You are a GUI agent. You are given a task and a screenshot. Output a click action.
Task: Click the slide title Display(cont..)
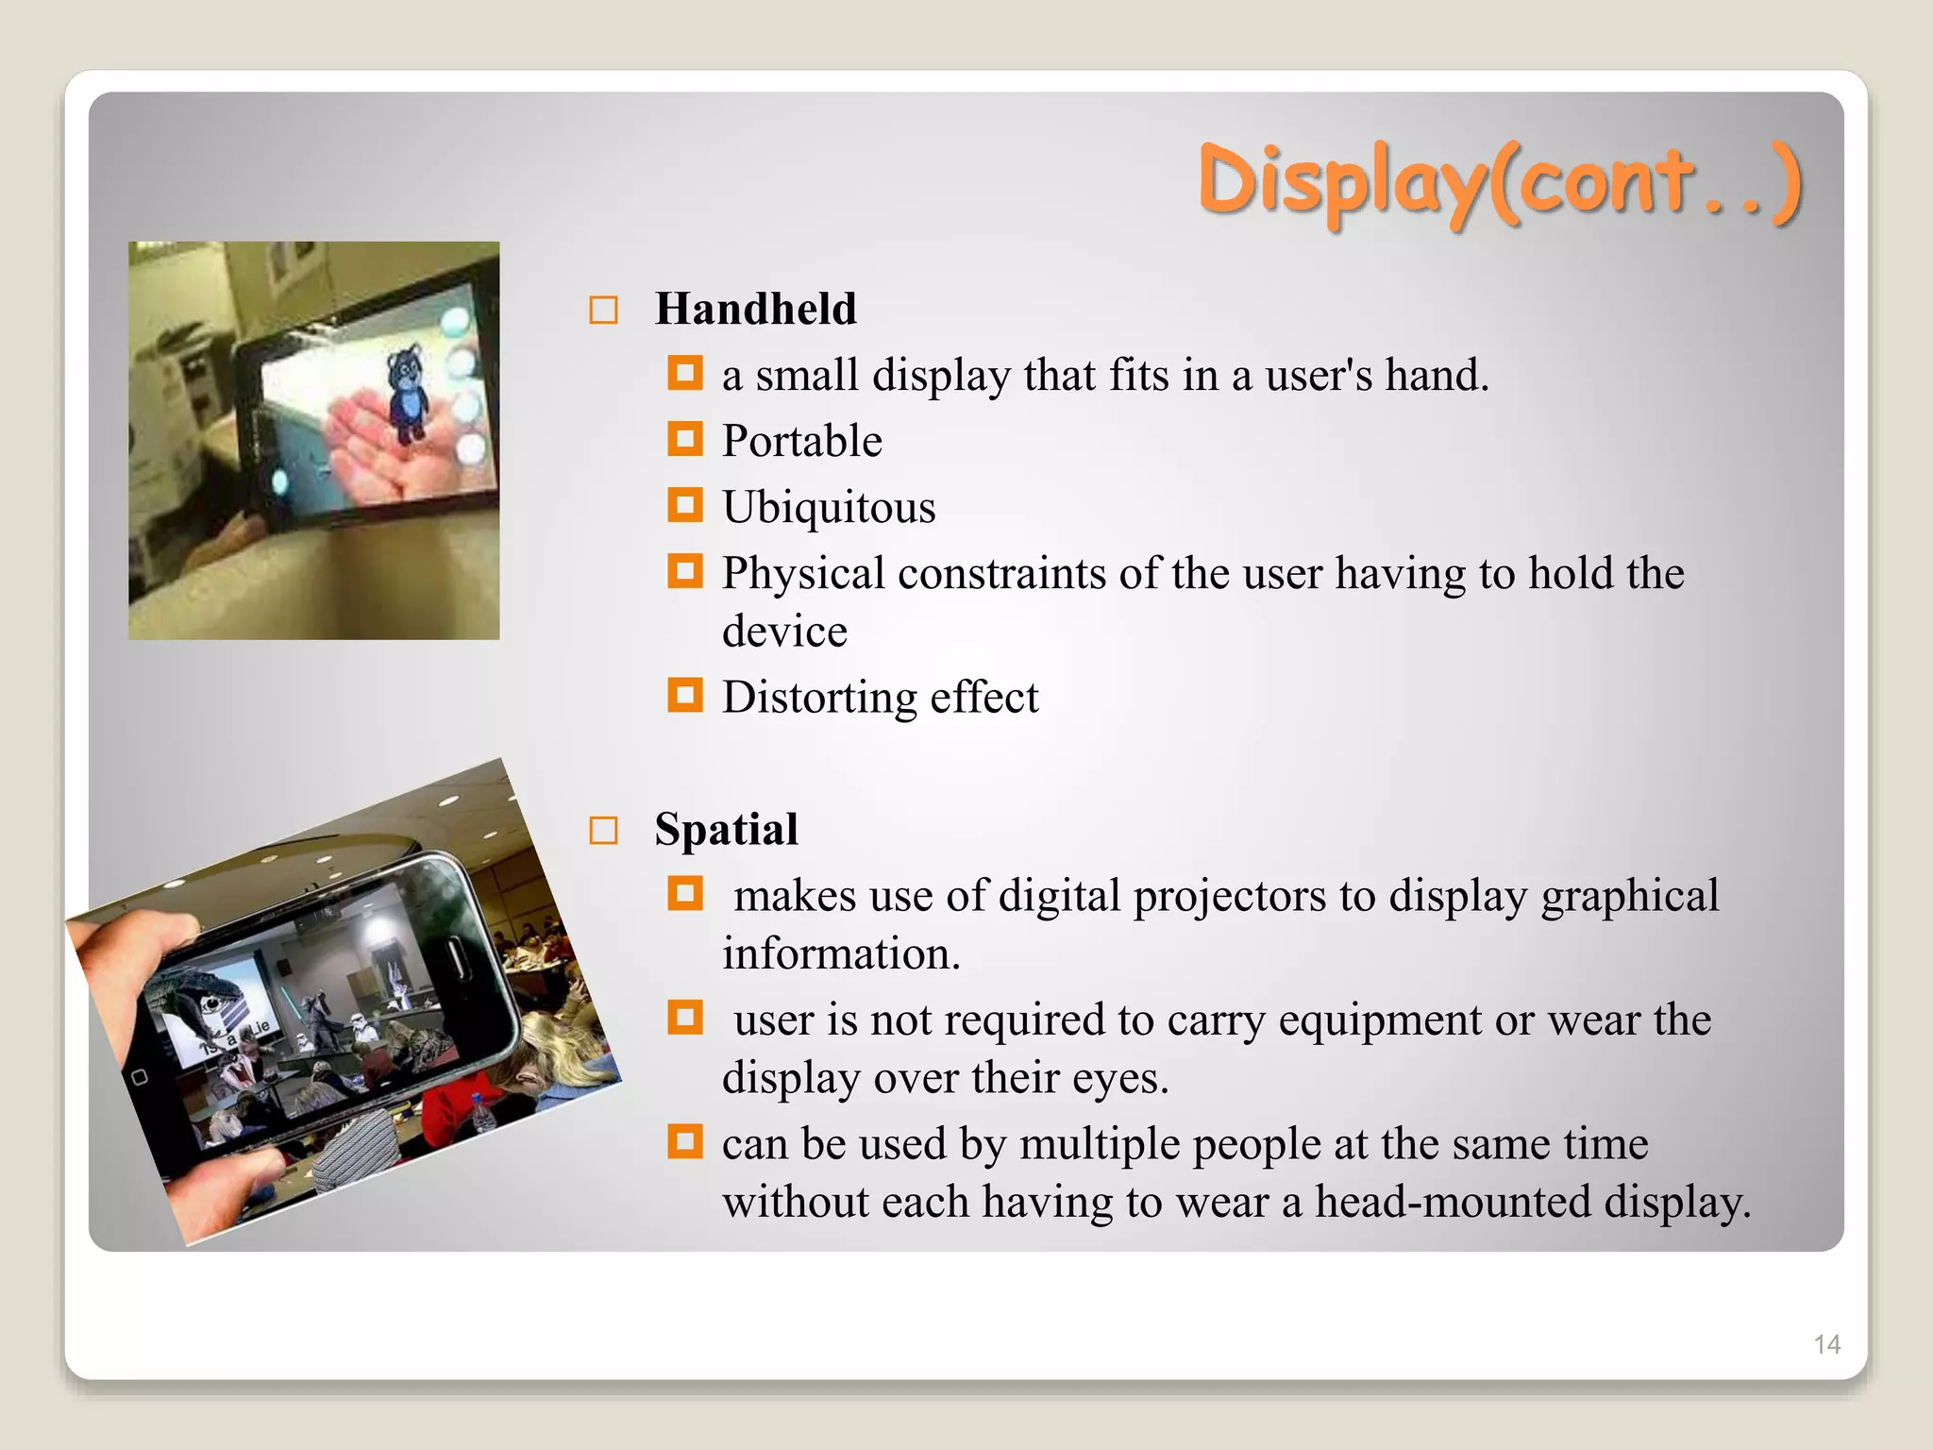1501,180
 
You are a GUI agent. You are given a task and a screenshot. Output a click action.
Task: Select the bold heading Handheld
756,309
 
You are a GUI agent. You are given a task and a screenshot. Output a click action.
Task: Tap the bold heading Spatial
726,829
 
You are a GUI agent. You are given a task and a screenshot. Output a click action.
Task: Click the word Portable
801,441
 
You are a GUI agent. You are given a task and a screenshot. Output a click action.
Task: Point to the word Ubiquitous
829,507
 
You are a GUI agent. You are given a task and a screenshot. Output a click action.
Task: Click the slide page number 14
1826,1344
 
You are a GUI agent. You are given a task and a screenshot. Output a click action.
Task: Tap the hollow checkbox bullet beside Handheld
603,311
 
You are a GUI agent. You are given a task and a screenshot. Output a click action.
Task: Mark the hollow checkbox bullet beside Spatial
603,831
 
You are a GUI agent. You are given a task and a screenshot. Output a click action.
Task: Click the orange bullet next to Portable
685,439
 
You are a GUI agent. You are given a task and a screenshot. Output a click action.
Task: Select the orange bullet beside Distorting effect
685,696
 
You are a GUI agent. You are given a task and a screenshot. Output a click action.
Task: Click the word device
784,632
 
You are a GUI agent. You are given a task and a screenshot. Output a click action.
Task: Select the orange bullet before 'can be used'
685,1141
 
